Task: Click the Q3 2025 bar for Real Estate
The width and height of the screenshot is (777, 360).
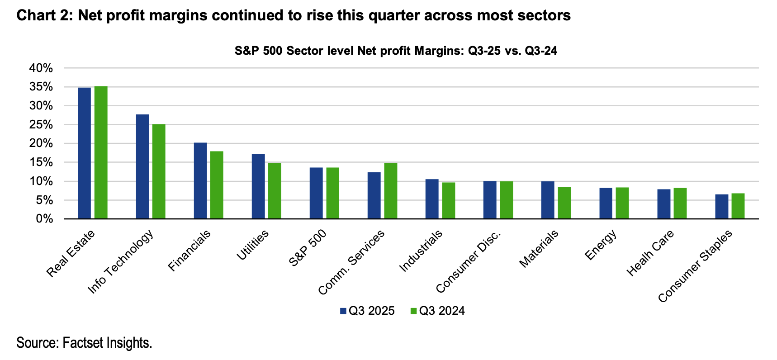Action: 85,153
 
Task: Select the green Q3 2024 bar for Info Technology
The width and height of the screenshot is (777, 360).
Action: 159,171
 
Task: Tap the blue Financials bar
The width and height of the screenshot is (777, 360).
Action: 200,181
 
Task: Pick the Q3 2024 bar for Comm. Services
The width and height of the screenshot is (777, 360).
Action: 390,191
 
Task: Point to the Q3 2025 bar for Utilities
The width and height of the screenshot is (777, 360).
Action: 258,186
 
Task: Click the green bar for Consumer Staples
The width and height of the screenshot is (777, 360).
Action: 738,206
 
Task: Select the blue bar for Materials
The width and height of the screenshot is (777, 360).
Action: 548,200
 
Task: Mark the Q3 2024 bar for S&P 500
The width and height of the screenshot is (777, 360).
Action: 332,193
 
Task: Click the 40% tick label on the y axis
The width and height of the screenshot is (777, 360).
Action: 41,68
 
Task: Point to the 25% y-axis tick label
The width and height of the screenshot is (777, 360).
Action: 41,125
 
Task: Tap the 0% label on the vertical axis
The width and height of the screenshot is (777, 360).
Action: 45,219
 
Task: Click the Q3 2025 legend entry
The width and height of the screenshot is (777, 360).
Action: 367,311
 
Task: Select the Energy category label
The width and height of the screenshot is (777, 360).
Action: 601,245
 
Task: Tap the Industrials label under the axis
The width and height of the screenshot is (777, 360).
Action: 421,251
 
